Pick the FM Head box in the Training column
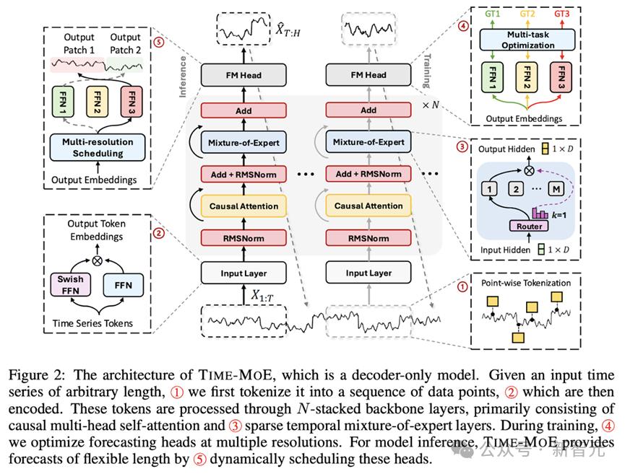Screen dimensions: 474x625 click(x=368, y=74)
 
